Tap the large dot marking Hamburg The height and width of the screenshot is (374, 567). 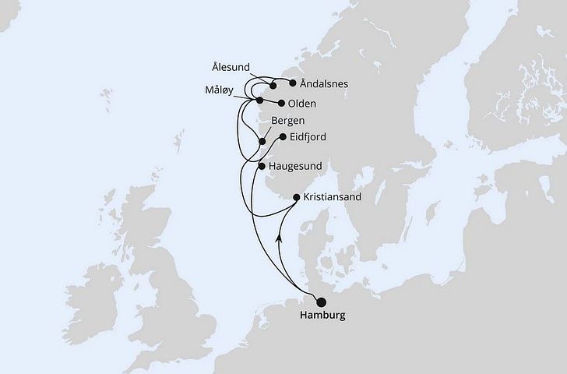click(322, 302)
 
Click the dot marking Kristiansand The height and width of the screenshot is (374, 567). click(297, 198)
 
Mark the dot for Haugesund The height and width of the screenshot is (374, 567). click(262, 166)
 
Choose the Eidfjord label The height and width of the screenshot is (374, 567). click(308, 137)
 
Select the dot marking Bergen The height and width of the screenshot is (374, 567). click(262, 141)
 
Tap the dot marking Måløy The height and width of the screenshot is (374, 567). click(259, 101)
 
